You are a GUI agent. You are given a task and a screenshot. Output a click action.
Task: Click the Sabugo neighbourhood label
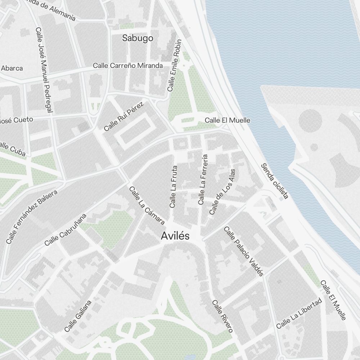pyautogui.click(x=138, y=38)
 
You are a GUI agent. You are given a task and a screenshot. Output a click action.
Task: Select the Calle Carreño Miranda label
pyautogui.click(x=128, y=66)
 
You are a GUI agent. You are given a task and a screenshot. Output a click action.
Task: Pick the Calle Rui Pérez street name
pyautogui.click(x=123, y=116)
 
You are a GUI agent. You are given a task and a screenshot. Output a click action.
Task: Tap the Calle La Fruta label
pyautogui.click(x=173, y=186)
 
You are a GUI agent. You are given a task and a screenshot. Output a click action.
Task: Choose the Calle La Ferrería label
pyautogui.click(x=203, y=180)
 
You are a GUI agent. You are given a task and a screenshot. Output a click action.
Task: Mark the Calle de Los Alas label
pyautogui.click(x=222, y=192)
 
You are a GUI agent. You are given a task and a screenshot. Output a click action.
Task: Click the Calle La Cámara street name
pyautogui.click(x=147, y=206)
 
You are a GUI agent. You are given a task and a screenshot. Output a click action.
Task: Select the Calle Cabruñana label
pyautogui.click(x=66, y=230)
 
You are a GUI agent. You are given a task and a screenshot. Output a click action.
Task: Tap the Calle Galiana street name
pyautogui.click(x=78, y=316)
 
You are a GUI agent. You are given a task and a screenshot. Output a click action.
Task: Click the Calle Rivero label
pyautogui.click(x=222, y=316)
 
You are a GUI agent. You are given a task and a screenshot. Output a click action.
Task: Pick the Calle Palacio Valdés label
pyautogui.click(x=244, y=251)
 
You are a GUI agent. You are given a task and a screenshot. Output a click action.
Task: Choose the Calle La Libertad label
pyautogui.click(x=298, y=313)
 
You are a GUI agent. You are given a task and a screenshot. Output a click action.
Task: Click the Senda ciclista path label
pyautogui.click(x=275, y=181)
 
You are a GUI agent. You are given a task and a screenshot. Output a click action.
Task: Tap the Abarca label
pyautogui.click(x=12, y=68)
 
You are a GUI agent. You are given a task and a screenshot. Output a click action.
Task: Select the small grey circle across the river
pyautogui.click(x=314, y=147)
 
